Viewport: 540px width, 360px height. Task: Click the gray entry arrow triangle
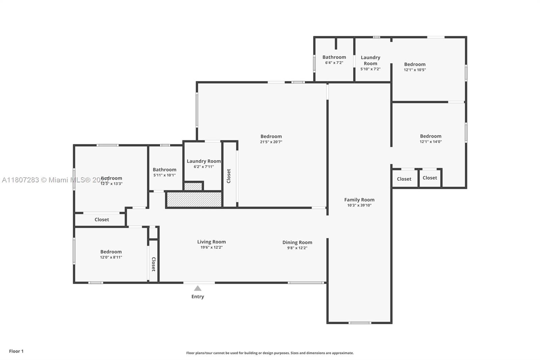(x=198, y=288)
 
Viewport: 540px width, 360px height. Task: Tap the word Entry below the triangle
(x=198, y=297)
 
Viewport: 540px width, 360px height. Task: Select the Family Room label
(x=359, y=200)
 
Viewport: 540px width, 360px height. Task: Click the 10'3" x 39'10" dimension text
(x=359, y=205)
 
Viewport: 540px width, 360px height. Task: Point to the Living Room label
(x=212, y=242)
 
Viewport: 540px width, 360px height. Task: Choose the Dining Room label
(x=297, y=242)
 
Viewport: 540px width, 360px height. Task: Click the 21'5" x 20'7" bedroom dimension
(x=271, y=142)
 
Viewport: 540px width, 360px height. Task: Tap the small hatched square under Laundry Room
(x=193, y=186)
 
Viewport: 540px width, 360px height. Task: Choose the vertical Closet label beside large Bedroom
(x=229, y=176)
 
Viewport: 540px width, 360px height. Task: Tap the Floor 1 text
(x=16, y=351)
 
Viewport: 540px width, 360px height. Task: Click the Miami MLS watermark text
(x=54, y=180)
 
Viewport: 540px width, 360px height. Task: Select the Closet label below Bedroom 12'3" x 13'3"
(x=102, y=220)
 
